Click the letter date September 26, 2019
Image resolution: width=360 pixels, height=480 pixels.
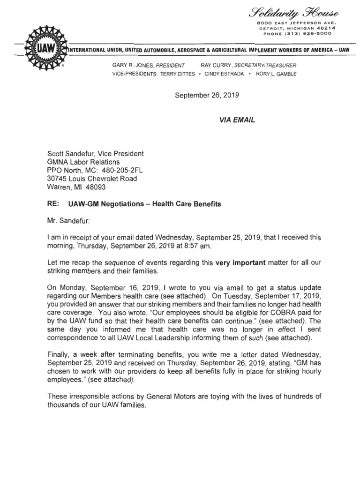pos(207,96)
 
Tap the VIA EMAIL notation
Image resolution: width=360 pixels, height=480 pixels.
pos(237,120)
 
